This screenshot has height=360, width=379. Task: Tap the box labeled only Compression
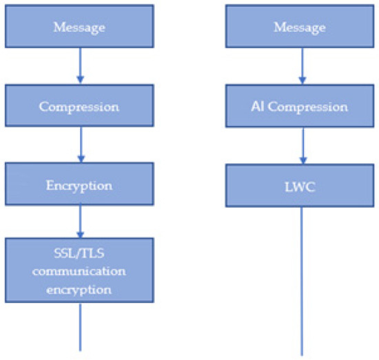pyautogui.click(x=81, y=107)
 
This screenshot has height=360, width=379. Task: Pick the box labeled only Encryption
pyautogui.click(x=81, y=186)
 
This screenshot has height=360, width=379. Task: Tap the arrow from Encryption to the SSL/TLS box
pyautogui.click(x=81, y=222)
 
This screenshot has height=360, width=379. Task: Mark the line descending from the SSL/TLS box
pyautogui.click(x=81, y=327)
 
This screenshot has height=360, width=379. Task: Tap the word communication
pyautogui.click(x=81, y=271)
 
